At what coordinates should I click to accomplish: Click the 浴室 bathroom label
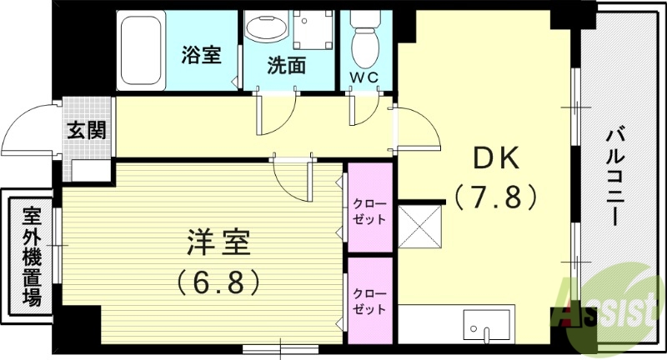click(201, 55)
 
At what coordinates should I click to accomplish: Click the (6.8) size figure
click(216, 281)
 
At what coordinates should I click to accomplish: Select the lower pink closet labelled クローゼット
click(369, 301)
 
